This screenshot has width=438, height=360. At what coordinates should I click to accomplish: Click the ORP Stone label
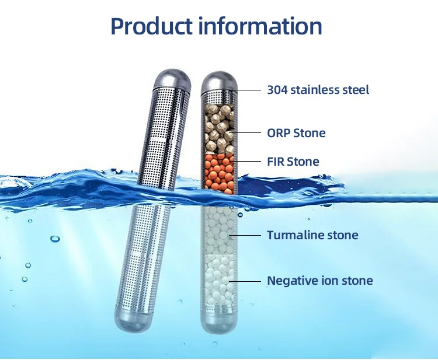tap(296, 133)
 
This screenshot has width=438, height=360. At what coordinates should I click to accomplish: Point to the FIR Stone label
tap(293, 162)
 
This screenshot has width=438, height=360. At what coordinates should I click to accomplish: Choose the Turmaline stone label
tap(312, 236)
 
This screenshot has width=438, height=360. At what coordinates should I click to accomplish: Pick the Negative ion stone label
tap(319, 281)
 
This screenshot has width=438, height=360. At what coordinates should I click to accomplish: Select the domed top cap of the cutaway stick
tap(219, 80)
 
